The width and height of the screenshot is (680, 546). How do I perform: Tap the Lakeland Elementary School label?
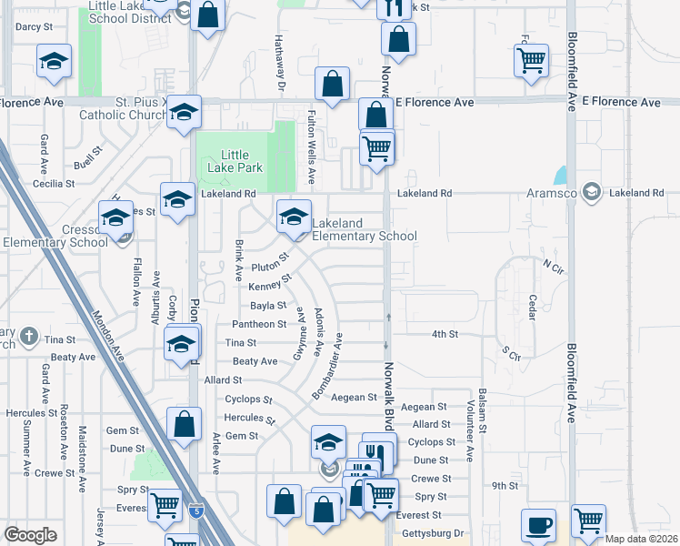[x=365, y=229]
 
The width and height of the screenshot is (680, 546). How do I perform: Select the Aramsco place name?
[x=553, y=193]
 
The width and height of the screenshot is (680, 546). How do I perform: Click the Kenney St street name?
[x=269, y=286]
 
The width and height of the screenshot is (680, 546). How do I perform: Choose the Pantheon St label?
[x=259, y=324]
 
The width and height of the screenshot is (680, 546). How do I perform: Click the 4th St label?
[x=445, y=334]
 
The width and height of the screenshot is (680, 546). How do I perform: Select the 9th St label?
[x=505, y=486]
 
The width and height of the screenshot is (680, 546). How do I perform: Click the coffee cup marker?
[x=538, y=525]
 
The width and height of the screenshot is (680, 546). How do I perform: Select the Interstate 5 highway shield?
[x=197, y=512]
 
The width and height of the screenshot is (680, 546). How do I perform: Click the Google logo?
[x=30, y=535]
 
